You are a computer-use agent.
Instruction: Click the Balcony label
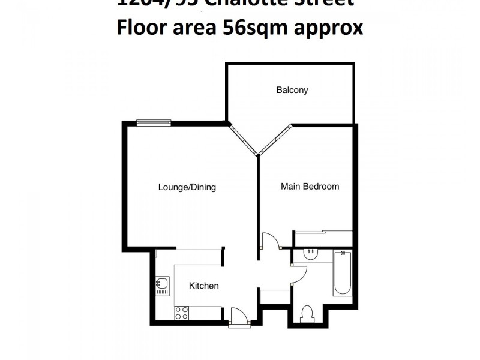coord(292,90)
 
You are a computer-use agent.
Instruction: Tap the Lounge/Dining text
coord(187,187)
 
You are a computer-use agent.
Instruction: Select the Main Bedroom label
coord(310,187)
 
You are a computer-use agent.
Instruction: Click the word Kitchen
coord(204,286)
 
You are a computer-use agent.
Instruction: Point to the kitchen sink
coord(163,284)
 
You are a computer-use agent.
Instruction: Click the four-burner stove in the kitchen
coord(181,313)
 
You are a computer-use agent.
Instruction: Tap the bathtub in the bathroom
coord(343,273)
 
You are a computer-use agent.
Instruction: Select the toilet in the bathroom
coord(307,314)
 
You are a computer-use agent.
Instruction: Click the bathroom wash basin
coord(311,254)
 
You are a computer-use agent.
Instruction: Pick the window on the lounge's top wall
coord(154,123)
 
